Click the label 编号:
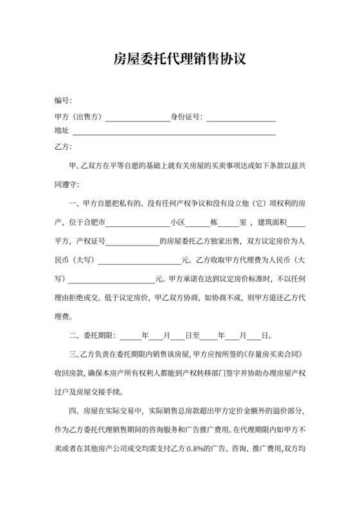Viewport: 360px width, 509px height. coord(63,101)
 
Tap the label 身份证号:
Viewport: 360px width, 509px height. coord(186,116)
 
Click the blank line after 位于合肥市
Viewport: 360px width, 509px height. coord(138,224)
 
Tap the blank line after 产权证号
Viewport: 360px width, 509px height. coord(131,243)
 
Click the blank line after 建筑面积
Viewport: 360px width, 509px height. coord(296,224)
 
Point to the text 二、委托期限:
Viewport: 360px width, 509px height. coord(91,335)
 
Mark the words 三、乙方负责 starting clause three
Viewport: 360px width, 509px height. coord(91,354)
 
